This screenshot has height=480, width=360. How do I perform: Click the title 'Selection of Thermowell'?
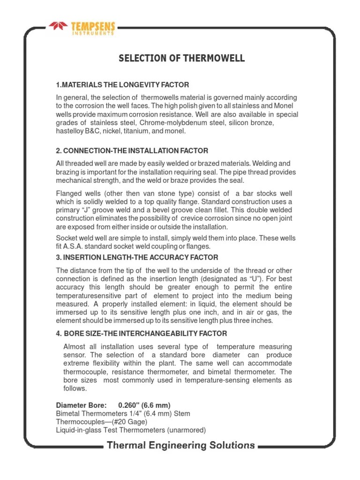pos(181,59)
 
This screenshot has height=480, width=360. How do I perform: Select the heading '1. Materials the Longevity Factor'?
pos(122,85)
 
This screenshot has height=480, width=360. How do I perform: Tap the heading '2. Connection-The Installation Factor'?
pos(132,150)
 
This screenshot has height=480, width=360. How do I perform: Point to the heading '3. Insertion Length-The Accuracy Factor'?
pos(137,258)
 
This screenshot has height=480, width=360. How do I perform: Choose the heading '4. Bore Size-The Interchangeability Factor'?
pos(142,334)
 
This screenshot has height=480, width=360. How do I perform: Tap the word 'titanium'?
pos(138,132)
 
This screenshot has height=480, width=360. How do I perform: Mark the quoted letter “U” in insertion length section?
pos(255,279)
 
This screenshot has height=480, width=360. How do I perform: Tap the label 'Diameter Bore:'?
pos(81,405)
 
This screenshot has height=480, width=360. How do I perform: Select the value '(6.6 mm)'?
pos(157,405)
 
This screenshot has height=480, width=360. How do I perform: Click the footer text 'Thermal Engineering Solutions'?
pos(181,446)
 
